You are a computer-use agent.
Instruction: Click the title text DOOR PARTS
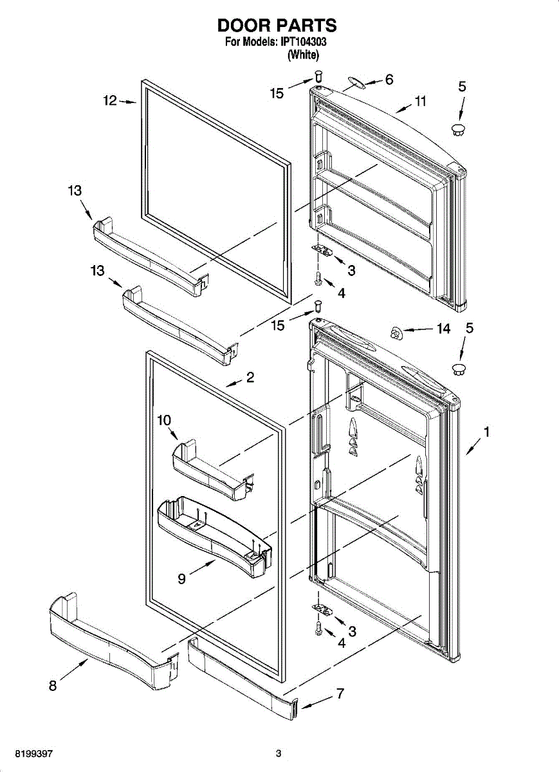[x=277, y=25]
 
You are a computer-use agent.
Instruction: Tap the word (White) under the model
[x=303, y=55]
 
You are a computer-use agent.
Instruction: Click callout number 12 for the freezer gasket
[x=110, y=100]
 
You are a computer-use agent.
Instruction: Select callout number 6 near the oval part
[x=389, y=80]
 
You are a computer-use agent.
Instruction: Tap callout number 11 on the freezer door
[x=421, y=101]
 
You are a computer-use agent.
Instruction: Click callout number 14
[x=443, y=329]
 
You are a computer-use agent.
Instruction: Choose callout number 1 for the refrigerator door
[x=487, y=433]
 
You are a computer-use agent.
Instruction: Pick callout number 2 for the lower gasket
[x=250, y=378]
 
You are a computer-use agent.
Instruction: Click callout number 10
[x=163, y=420]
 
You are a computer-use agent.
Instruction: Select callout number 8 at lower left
[x=53, y=686]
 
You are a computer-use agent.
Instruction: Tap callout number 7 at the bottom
[x=340, y=694]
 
